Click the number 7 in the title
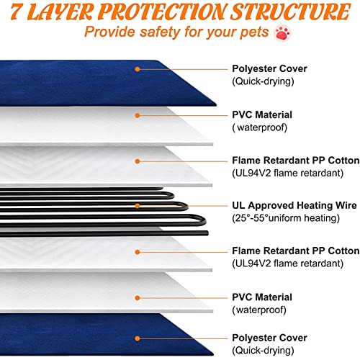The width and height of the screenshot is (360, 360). coord(17,12)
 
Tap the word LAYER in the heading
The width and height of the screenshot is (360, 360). coord(60,12)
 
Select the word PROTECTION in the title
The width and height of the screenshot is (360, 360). coord(161,12)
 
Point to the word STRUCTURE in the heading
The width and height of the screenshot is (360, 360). coord(290,12)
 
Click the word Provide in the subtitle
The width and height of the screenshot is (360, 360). coord(110,32)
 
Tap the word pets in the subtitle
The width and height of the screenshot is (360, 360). coord(254,32)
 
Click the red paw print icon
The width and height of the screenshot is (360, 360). coord(282,33)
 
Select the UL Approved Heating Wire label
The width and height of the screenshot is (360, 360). coord(294,205)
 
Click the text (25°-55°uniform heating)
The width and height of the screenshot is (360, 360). coord(286,218)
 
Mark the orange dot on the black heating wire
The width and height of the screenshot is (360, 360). coord(138,206)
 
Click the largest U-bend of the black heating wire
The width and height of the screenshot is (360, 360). coord(203,220)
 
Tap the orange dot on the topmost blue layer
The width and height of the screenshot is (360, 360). coord(138,69)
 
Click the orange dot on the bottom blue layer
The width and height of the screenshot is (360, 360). coord(138,338)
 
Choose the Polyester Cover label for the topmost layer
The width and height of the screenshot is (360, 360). coord(269,69)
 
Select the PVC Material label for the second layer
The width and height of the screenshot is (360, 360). coord(262,114)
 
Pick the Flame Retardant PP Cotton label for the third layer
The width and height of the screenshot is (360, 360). coord(296,161)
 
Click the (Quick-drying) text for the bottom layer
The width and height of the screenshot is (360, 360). coord(263,351)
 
